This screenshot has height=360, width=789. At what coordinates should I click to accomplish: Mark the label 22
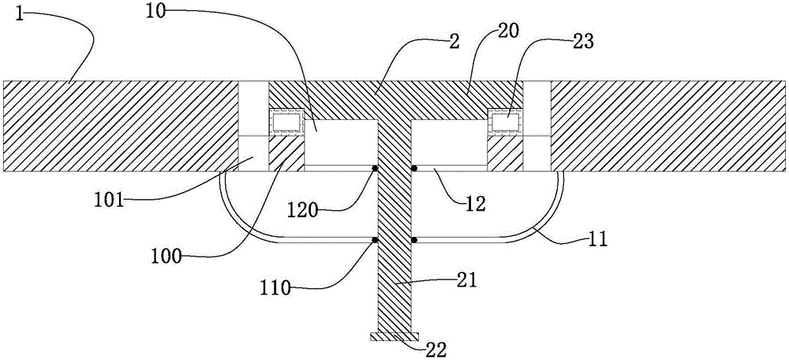tap(435, 348)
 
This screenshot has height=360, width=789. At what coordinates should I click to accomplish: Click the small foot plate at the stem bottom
tap(394, 336)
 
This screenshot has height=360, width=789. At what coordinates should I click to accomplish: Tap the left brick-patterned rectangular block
tap(286, 122)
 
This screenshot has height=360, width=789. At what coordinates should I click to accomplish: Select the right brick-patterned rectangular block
tap(505, 122)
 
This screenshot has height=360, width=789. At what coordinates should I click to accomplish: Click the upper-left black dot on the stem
tap(374, 167)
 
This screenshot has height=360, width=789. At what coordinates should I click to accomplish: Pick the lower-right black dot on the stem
tap(414, 240)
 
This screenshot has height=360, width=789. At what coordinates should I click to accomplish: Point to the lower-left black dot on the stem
tap(374, 240)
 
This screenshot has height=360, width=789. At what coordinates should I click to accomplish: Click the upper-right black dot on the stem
tap(414, 167)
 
